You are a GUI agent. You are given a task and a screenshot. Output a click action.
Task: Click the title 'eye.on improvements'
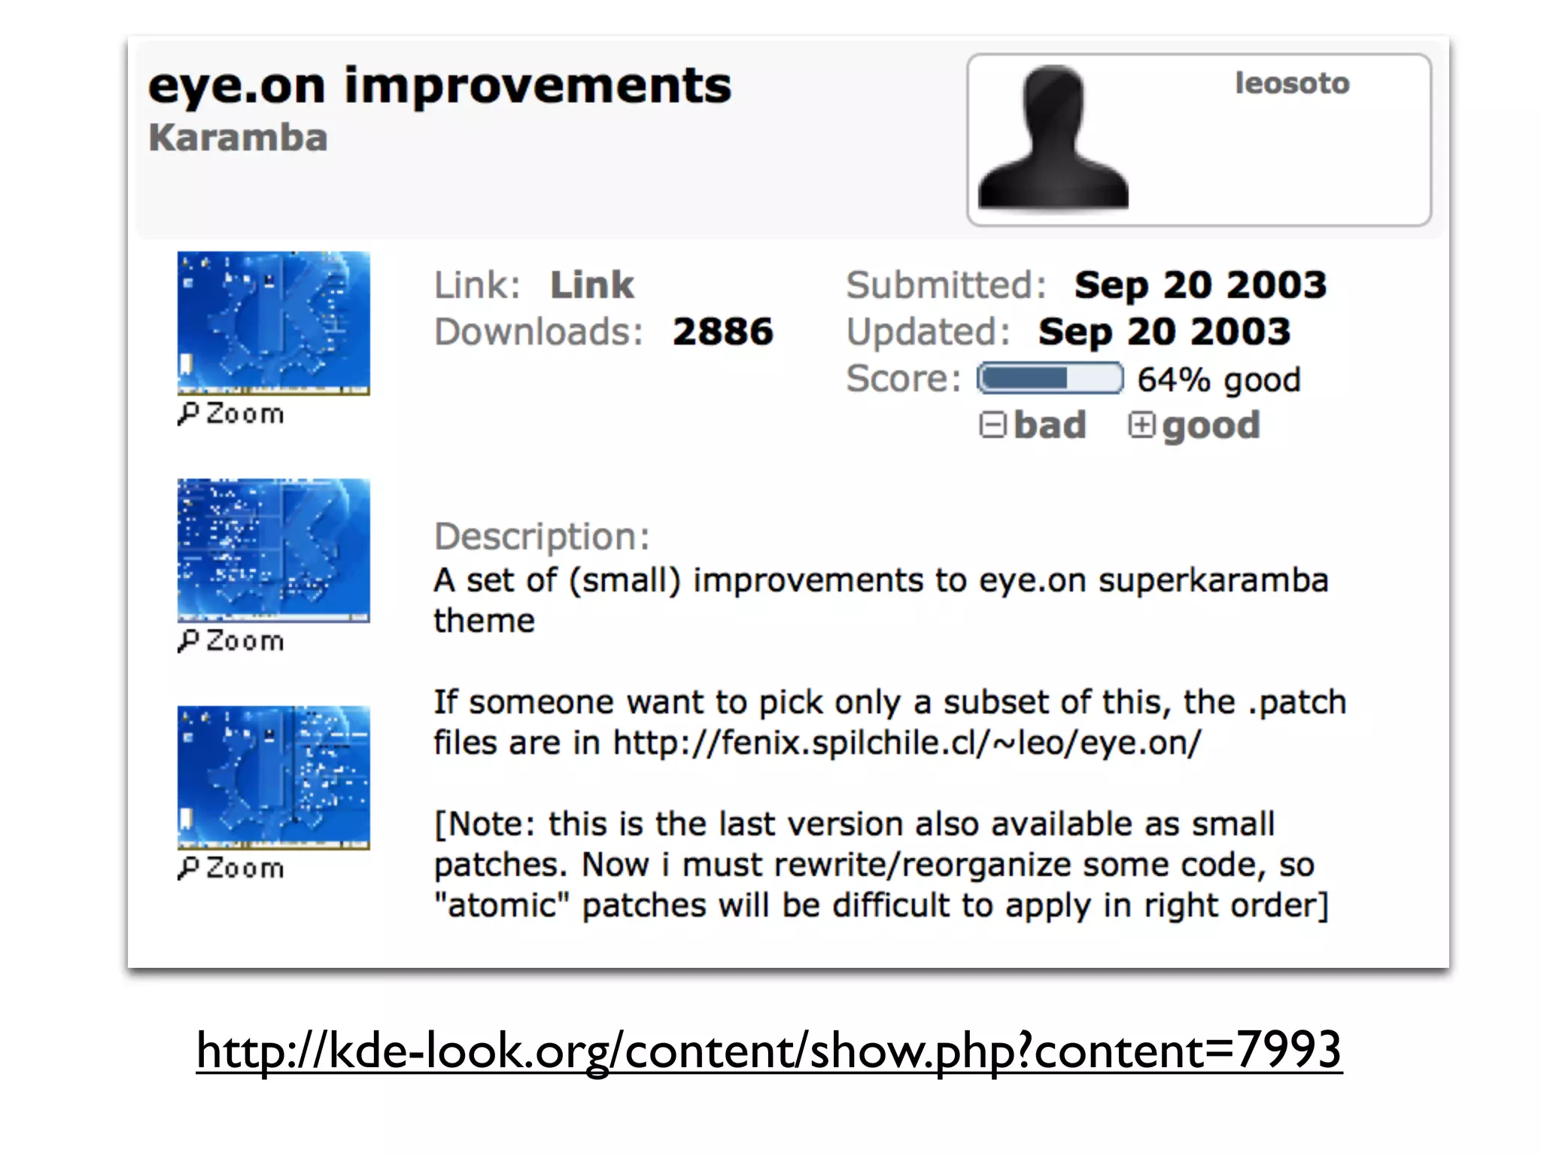click(x=439, y=87)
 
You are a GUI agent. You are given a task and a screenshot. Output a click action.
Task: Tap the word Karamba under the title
click(x=238, y=138)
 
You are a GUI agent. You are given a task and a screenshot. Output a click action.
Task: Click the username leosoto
click(x=1292, y=84)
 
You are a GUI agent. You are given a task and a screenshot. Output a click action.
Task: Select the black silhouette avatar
click(x=1053, y=138)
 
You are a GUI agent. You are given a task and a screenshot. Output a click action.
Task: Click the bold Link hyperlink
click(x=591, y=286)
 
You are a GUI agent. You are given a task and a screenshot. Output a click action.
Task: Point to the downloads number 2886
click(x=722, y=332)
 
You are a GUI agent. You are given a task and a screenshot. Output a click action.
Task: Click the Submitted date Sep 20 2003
click(x=1200, y=286)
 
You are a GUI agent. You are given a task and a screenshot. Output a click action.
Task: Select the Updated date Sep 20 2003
click(x=1164, y=332)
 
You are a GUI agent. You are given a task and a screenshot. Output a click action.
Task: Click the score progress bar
click(x=1050, y=379)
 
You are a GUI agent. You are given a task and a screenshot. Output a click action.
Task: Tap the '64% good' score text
click(x=1218, y=380)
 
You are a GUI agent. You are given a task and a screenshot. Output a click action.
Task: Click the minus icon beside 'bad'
click(x=992, y=425)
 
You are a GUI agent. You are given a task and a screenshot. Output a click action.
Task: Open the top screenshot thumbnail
click(x=273, y=323)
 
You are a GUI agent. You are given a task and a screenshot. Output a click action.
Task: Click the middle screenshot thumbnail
click(x=273, y=550)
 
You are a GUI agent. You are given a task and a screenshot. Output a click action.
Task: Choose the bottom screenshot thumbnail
click(x=273, y=777)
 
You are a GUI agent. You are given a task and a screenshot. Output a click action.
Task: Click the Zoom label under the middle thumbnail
click(x=232, y=641)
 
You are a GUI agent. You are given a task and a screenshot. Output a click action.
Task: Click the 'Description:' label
click(x=541, y=537)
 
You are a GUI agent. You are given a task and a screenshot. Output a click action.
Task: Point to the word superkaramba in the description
click(x=1213, y=581)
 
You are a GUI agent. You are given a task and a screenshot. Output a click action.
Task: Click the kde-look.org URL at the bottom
click(x=768, y=1051)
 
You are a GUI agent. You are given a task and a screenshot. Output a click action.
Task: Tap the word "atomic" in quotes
click(x=502, y=905)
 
